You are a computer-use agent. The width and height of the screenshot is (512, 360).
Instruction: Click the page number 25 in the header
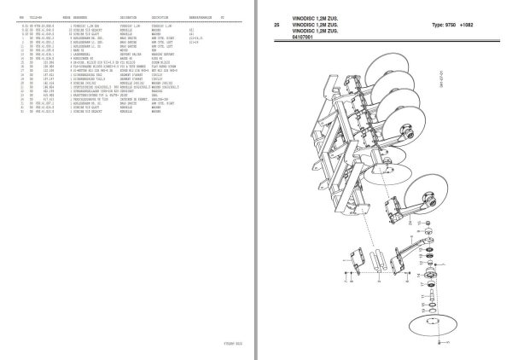coord(276,26)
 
